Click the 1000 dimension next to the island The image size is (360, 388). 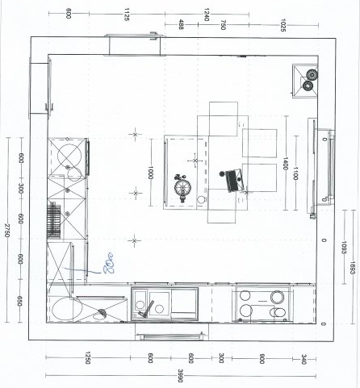[151, 171]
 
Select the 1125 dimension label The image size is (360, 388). [128, 14]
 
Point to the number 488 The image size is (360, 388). [181, 25]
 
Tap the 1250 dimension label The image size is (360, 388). [87, 358]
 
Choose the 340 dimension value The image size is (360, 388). [304, 358]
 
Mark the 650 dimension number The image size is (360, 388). [20, 302]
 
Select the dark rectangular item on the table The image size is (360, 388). [235, 179]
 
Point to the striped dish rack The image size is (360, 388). [55, 218]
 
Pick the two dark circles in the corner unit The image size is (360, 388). [308, 79]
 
